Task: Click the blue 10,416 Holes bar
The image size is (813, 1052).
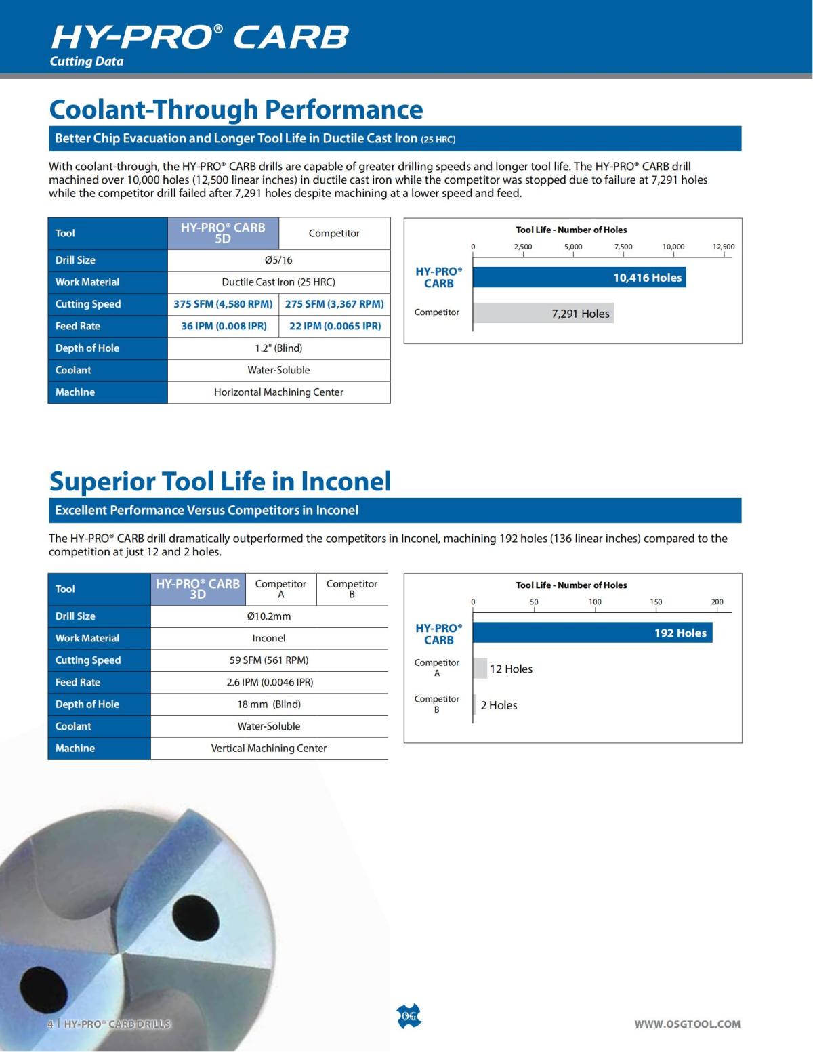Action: tap(579, 278)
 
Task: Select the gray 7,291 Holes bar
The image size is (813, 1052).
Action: tap(543, 313)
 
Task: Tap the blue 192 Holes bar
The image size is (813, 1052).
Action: tap(592, 633)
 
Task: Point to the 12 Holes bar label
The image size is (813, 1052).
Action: tap(511, 669)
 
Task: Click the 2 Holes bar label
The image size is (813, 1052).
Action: tap(499, 705)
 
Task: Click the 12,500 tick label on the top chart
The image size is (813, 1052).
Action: tap(723, 247)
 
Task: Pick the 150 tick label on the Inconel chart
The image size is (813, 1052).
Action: tap(656, 602)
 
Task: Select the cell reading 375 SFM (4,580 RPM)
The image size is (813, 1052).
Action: tap(223, 304)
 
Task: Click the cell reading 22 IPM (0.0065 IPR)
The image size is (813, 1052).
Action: tap(335, 326)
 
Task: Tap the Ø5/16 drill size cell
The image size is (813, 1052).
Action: tap(278, 260)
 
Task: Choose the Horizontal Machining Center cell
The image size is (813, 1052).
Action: tap(278, 392)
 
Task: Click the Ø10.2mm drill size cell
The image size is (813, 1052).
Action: tap(269, 616)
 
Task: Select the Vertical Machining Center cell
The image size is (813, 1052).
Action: tap(269, 749)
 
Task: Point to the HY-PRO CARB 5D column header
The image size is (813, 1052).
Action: tap(223, 233)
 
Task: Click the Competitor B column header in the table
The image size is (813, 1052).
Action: tap(352, 589)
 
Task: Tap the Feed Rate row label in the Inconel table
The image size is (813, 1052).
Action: tap(78, 682)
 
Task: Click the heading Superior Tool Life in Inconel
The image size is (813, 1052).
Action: tap(220, 481)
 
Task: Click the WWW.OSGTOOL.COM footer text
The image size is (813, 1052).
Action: tap(687, 1024)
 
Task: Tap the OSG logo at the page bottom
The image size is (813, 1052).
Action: tap(408, 1016)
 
